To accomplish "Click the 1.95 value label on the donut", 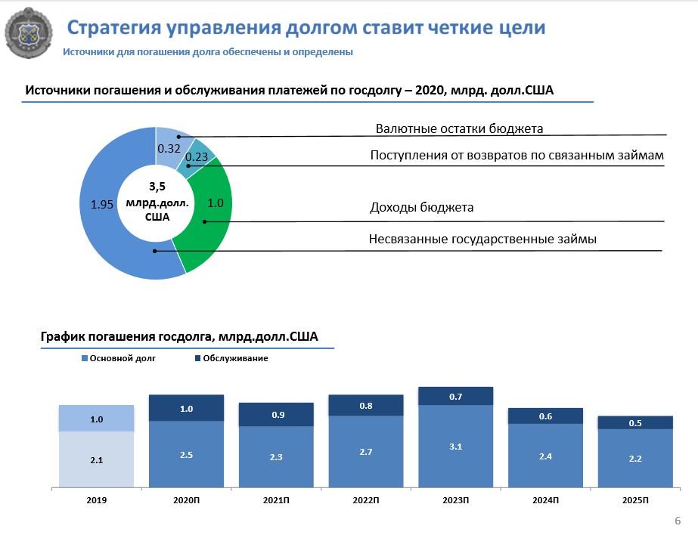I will click(102, 204).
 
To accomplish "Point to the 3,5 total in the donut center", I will click(157, 187).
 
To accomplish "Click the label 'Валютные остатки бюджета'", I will click(459, 128).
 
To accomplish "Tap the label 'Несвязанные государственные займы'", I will click(482, 240).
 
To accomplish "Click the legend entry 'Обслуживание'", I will click(236, 358).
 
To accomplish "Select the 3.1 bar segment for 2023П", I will click(455, 446).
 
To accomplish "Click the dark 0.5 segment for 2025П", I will click(635, 422).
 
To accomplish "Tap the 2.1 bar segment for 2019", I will click(97, 459).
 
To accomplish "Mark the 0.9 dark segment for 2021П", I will click(276, 414).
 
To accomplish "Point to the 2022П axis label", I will click(365, 500).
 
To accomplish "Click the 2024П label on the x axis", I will click(545, 500).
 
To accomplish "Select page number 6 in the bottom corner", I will click(677, 521).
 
